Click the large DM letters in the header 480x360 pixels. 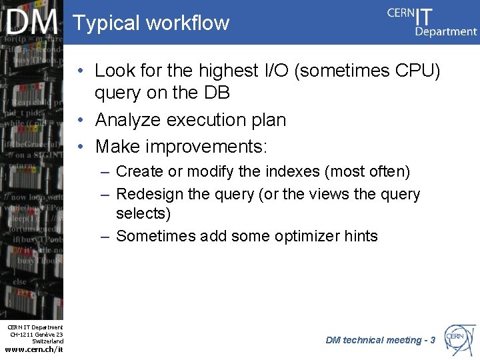click(33, 23)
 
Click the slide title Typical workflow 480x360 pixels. click(151, 23)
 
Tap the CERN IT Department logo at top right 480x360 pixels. click(432, 21)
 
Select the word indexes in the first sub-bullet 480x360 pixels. click(287, 171)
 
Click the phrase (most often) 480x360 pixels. click(367, 171)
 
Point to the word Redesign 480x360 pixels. click(150, 195)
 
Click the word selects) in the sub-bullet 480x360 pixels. click(143, 214)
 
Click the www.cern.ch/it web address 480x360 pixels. click(34, 349)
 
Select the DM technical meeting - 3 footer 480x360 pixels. click(380, 340)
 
